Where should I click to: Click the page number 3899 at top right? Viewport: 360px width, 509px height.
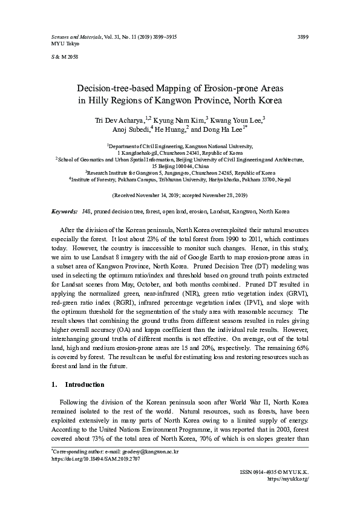coord(304,37)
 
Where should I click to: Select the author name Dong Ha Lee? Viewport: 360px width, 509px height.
coord(223,129)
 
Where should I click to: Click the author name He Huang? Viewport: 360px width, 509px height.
coord(171,129)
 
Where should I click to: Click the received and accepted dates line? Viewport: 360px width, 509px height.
coord(180,195)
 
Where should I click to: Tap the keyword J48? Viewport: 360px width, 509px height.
coord(86,212)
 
